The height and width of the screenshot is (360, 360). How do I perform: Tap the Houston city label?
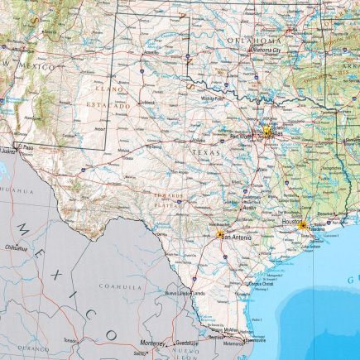point(292,222)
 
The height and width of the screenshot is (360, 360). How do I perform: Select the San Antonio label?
point(237,238)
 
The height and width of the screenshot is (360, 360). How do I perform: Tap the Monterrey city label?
point(153,343)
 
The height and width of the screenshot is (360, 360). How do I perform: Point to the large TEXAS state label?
point(206,153)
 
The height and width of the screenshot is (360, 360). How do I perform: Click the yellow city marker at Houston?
point(303,224)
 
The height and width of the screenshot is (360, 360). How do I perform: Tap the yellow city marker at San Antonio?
point(219,236)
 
